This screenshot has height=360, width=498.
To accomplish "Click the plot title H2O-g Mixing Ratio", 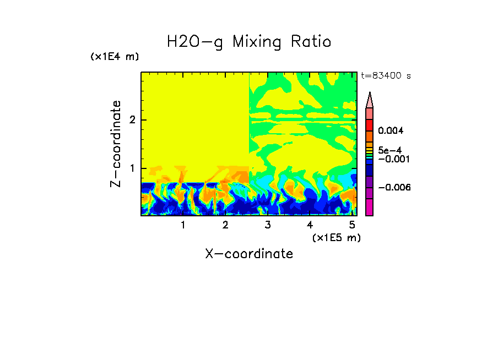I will [x=249, y=41].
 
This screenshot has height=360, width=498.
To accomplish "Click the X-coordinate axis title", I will [x=249, y=253].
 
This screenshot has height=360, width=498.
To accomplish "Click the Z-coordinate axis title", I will [x=116, y=143].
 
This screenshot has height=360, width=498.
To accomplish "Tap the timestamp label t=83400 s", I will [x=386, y=76].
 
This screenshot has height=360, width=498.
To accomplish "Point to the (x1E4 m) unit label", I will [x=115, y=57].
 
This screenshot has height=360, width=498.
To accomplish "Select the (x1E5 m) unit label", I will [x=336, y=237].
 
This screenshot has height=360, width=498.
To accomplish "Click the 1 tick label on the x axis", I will [x=183, y=225].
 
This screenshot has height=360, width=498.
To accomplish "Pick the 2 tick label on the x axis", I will [x=225, y=225].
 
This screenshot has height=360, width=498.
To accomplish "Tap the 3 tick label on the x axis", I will [x=268, y=225].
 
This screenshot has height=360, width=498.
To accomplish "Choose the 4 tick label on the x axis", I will [x=310, y=225].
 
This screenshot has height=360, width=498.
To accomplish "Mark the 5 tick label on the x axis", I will [x=352, y=225].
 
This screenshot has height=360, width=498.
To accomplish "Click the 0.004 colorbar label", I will [x=391, y=131].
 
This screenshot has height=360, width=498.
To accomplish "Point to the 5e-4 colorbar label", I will [x=389, y=150].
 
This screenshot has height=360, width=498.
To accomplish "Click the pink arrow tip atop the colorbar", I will [x=370, y=100].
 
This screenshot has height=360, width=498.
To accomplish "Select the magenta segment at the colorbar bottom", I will [x=370, y=208].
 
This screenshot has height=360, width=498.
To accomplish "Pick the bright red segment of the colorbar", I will [x=370, y=125].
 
